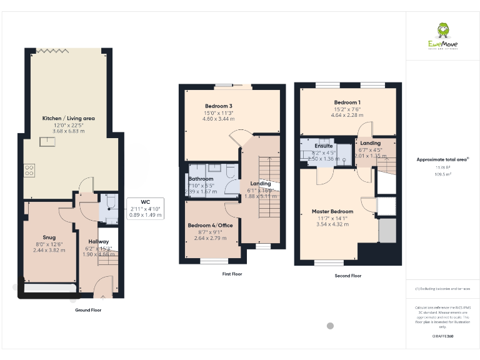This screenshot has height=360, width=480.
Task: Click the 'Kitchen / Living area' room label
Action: (68, 118)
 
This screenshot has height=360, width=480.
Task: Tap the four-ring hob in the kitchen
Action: (29, 170)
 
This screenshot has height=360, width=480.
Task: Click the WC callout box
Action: (145, 208)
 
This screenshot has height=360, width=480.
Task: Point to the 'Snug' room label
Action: (49, 237)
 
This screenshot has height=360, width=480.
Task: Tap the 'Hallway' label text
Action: (98, 242)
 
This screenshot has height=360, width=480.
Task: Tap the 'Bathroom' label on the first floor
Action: (201, 179)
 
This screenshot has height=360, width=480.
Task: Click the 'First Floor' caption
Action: (232, 274)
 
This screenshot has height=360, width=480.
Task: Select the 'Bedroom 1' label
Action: (347, 102)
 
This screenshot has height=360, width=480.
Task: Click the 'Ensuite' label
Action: (323, 146)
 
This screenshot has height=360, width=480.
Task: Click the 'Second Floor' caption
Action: (347, 276)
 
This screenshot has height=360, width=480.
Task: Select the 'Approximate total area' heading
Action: (442, 160)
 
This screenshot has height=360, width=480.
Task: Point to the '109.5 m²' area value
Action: (442, 174)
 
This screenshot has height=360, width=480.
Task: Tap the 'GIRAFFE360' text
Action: (442, 336)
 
